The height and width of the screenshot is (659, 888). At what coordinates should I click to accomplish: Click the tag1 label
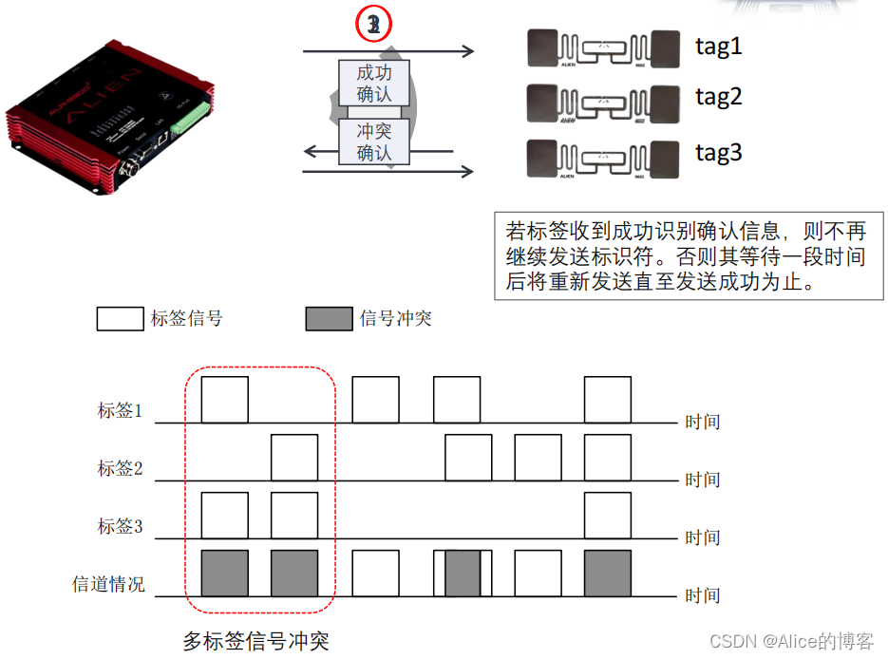pyautogui.click(x=718, y=46)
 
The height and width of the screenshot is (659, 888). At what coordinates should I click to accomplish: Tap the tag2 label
pyautogui.click(x=718, y=96)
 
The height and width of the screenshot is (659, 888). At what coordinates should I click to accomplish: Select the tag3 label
pyautogui.click(x=718, y=152)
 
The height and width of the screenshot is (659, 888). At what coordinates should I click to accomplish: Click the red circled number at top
pyautogui.click(x=374, y=26)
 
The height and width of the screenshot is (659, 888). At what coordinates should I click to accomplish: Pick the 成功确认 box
pyautogui.click(x=374, y=83)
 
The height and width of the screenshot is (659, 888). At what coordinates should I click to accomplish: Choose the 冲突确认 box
pyautogui.click(x=374, y=141)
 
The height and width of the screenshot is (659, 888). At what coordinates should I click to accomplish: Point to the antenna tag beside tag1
pyautogui.click(x=603, y=47)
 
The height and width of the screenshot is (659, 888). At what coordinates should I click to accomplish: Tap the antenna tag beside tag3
pyautogui.click(x=603, y=156)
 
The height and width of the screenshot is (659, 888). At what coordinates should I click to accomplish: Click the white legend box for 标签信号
pyautogui.click(x=120, y=318)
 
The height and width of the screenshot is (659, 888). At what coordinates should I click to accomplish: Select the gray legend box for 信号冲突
pyautogui.click(x=329, y=318)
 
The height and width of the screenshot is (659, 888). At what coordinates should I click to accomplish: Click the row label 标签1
pyautogui.click(x=120, y=410)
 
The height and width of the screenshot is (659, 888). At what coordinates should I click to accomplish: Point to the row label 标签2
pyautogui.click(x=120, y=468)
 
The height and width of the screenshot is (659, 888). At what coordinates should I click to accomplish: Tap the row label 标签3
pyautogui.click(x=120, y=525)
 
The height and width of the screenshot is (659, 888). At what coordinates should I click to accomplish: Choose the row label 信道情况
pyautogui.click(x=108, y=584)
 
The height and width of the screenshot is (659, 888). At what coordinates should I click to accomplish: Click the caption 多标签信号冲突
pyautogui.click(x=255, y=640)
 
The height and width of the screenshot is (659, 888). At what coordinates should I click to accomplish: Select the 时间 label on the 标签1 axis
pyautogui.click(x=703, y=422)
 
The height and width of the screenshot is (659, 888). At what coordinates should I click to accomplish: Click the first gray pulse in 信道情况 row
pyautogui.click(x=225, y=573)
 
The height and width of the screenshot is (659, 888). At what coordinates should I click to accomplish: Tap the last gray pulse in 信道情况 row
pyautogui.click(x=607, y=573)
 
